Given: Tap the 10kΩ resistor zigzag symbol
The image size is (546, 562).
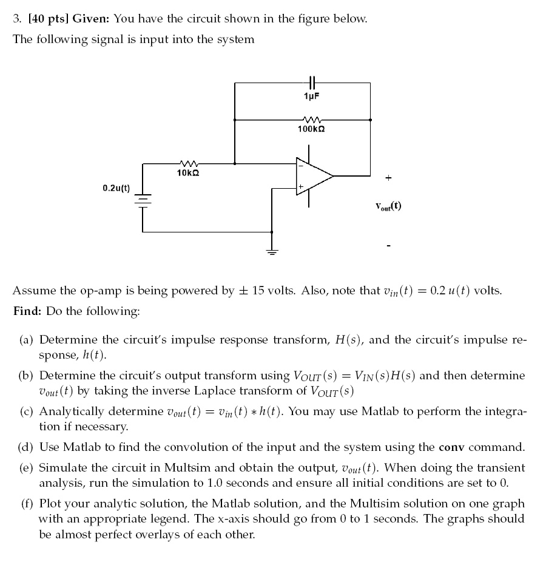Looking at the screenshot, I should [188, 163].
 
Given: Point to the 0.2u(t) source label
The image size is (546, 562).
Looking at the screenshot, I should [116, 188].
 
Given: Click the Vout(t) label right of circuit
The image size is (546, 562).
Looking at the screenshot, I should [388, 206].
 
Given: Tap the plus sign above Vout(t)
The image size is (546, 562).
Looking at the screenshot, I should [388, 178].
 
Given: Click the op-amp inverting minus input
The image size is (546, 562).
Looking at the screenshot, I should [300, 165].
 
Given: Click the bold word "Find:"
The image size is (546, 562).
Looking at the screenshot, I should [28, 311].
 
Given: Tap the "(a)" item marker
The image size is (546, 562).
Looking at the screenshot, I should [27, 340].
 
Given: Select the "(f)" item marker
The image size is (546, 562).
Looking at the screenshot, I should [27, 504].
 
